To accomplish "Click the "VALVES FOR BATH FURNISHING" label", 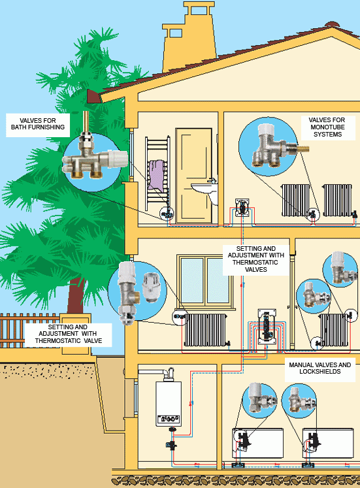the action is point(38,124).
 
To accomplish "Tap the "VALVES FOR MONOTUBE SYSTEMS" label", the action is point(327,127).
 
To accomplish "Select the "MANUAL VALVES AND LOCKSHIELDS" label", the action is point(320,368).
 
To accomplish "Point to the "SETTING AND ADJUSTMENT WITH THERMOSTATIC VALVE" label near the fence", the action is point(68,334).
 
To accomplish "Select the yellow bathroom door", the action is point(194,176).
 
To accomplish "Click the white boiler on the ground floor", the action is point(169,403).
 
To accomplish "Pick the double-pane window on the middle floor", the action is point(205,281).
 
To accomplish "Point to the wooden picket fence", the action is point(29,330).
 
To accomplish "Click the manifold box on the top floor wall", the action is point(242,208).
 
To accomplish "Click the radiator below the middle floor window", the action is point(205,330).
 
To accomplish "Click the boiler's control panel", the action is point(169,419).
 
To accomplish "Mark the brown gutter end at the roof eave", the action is point(94,97).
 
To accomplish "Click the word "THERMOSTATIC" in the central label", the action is point(255,262).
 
